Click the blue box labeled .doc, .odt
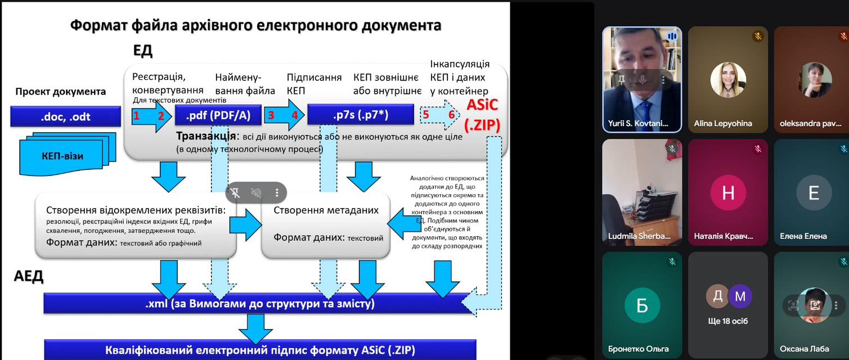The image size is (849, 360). point(65,117)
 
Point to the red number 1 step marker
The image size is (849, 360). point(136,116)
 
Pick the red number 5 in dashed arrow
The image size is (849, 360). point(426,115)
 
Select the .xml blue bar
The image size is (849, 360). point(259,304)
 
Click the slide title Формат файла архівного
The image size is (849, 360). point(255,25)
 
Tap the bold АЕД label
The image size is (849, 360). point(29,276)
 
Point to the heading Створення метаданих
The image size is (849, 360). point(326,210)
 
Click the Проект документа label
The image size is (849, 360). point(60,92)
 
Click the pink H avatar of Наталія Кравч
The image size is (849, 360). point(728,193)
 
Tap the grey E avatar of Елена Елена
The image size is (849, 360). point(813,193)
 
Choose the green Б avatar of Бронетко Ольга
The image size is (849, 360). point(642,305)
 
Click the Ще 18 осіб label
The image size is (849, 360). point(728,322)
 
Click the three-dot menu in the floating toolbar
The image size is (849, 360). point(277,193)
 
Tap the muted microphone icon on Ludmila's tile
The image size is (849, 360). point(672,149)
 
